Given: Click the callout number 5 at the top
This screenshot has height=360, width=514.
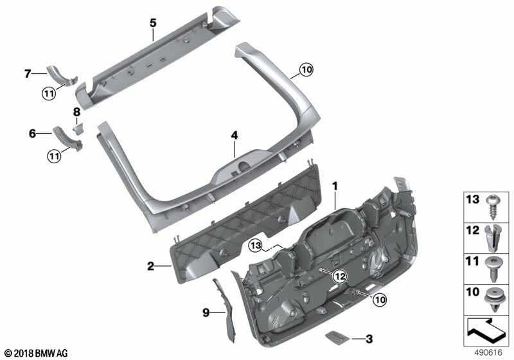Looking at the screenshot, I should point(153,23).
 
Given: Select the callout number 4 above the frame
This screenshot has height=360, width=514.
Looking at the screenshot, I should point(235,136).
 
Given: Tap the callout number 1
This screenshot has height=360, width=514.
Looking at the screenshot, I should point(334,186).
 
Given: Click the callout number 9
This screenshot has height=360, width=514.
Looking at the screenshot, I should point(206,312).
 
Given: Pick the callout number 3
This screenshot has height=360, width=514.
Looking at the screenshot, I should point(369,338).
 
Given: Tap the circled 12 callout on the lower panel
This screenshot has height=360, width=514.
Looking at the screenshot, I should point(339,276).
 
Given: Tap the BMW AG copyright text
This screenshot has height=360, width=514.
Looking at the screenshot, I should point(35,353).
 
